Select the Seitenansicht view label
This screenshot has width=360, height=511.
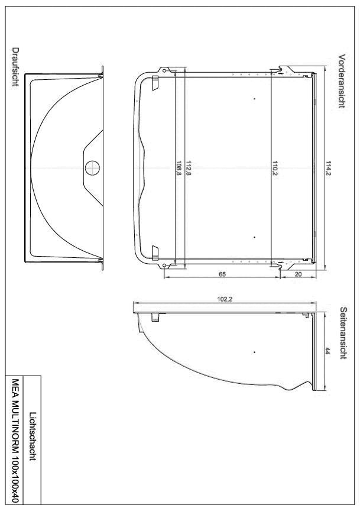click(x=342, y=332)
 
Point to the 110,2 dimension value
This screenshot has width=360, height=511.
click(x=275, y=167)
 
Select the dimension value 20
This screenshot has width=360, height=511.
click(x=297, y=274)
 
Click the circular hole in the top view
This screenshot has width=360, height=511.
click(x=91, y=167)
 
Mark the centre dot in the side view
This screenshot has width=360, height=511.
click(x=255, y=352)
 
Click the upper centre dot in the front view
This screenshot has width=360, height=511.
click(x=254, y=98)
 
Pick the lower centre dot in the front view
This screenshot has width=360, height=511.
click(x=254, y=237)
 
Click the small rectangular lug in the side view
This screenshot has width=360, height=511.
click(x=156, y=318)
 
